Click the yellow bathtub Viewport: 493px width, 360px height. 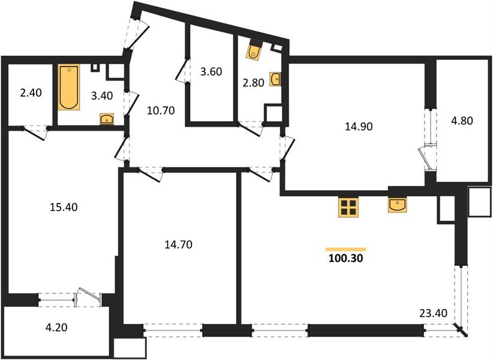coord(69,88)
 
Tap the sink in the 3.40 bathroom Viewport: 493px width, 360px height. coord(107,118)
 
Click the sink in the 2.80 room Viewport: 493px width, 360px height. coord(276,79)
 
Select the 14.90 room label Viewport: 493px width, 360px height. coord(357,127)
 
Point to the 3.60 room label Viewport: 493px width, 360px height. coord(211,71)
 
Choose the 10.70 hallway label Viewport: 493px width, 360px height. coord(160,110)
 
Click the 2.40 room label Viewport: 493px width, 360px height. coord(30,94)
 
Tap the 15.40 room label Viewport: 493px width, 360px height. coord(62,207)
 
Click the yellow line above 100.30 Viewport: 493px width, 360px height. coord(345,248)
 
